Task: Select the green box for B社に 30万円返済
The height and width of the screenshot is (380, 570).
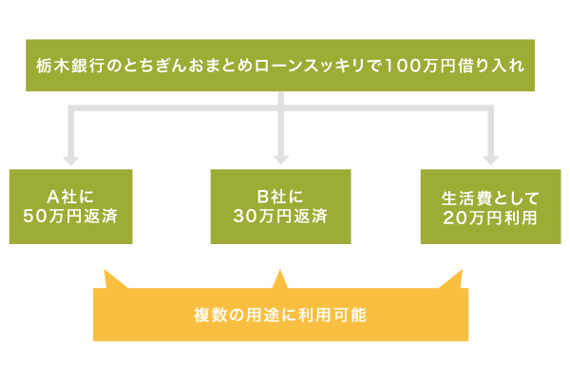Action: tap(280, 206)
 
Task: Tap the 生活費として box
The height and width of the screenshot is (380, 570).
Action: tap(490, 206)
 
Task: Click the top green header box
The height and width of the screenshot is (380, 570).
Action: tap(280, 66)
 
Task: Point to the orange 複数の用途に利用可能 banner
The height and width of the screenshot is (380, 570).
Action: tap(280, 314)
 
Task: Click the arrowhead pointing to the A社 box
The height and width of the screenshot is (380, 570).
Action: tap(70, 160)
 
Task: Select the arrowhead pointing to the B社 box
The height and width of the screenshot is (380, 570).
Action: tap(280, 160)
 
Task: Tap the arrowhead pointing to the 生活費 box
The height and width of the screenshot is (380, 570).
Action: tap(490, 160)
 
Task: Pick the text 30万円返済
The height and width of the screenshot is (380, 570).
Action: tap(280, 216)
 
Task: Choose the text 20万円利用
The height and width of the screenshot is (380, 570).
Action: tap(490, 217)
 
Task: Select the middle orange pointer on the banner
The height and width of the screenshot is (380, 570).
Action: tap(279, 278)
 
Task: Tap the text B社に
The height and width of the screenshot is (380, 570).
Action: tap(280, 198)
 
